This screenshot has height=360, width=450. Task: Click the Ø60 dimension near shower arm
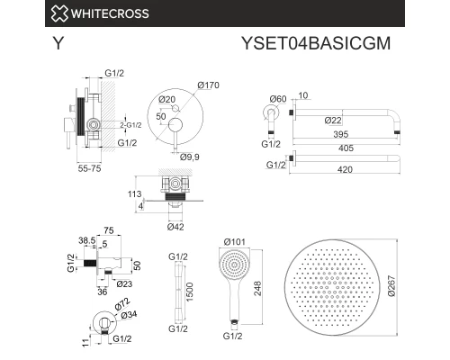[277, 99]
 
